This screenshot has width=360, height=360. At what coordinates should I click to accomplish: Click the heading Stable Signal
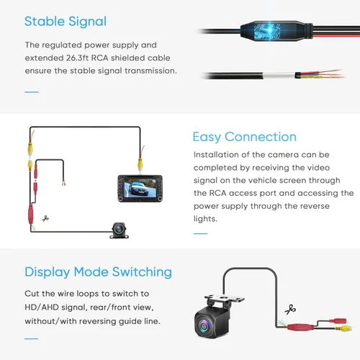[66, 22]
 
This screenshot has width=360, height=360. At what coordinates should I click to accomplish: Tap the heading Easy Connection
[245, 138]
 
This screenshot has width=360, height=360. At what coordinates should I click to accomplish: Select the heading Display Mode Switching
[98, 272]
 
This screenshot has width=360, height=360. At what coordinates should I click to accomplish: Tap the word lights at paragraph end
[204, 219]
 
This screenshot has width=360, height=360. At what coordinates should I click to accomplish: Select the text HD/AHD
[42, 307]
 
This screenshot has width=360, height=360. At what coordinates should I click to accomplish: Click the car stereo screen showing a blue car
[140, 189]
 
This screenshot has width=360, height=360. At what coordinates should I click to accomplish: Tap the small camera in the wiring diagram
[119, 230]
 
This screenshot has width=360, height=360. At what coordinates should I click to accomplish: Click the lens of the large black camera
[204, 325]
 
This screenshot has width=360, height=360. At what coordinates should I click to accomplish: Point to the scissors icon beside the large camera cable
[290, 310]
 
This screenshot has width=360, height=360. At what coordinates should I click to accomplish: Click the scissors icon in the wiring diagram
[45, 218]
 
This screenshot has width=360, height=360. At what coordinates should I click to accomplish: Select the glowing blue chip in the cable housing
[267, 31]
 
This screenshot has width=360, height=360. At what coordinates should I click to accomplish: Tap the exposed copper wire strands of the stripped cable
[330, 74]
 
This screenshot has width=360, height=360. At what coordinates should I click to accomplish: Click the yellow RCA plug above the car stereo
[140, 163]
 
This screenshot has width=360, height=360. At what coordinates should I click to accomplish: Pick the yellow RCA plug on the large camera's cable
[345, 328]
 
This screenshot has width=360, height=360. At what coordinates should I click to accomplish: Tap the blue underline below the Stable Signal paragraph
[32, 92]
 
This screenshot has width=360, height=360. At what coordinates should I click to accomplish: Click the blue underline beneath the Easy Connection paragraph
[201, 233]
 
